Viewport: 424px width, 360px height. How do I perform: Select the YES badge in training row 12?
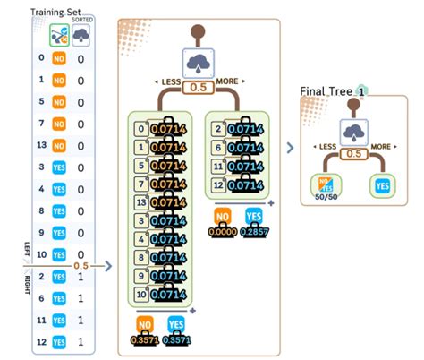(58, 342)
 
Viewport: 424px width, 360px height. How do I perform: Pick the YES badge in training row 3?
(58, 167)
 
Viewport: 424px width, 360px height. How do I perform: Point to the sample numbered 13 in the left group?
(141, 203)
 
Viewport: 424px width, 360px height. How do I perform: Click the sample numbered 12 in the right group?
(218, 185)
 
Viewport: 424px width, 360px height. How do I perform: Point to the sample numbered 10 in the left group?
(141, 294)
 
